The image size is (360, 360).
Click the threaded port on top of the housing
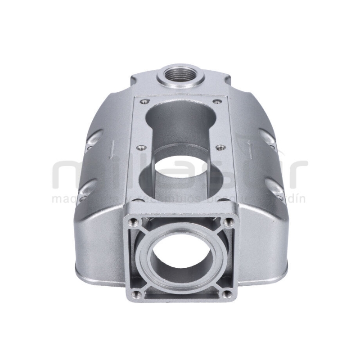click(180, 73)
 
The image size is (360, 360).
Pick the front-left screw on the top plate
click(141, 147)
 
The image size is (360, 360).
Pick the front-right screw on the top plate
click(219, 147)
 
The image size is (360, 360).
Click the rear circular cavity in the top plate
click(180, 117)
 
